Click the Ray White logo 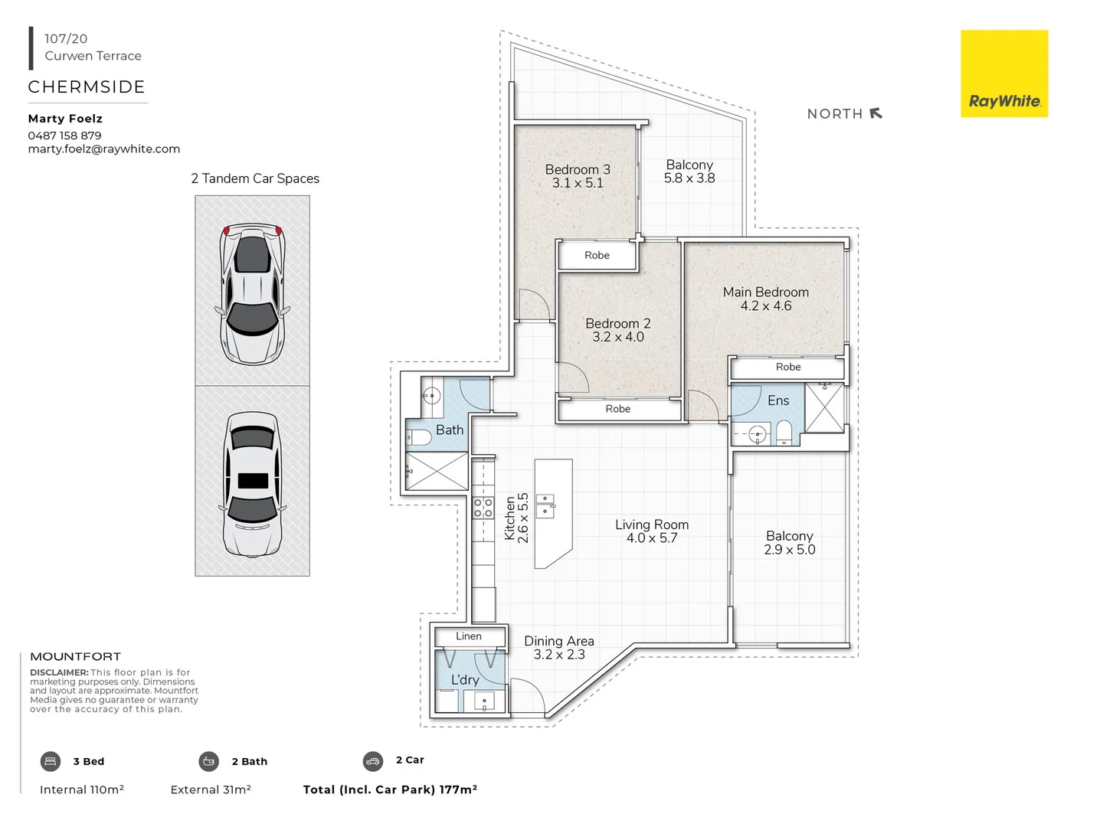coord(1003,74)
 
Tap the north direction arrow coord(876,113)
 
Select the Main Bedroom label coord(765,292)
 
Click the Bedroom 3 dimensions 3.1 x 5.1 coord(578,183)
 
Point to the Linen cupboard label coord(469,636)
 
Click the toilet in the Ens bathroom coord(784,433)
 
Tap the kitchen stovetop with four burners coord(483,508)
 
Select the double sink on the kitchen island coord(545,506)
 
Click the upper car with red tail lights coord(252,293)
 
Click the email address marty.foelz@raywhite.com coord(103,149)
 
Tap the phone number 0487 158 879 coord(64,136)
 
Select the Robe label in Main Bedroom coord(787,367)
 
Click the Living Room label coord(651,525)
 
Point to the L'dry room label coord(465,680)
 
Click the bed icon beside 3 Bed coord(50,761)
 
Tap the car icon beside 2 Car coord(373,761)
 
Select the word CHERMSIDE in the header coord(87,87)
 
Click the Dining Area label coord(558,641)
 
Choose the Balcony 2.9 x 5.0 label coord(789,542)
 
